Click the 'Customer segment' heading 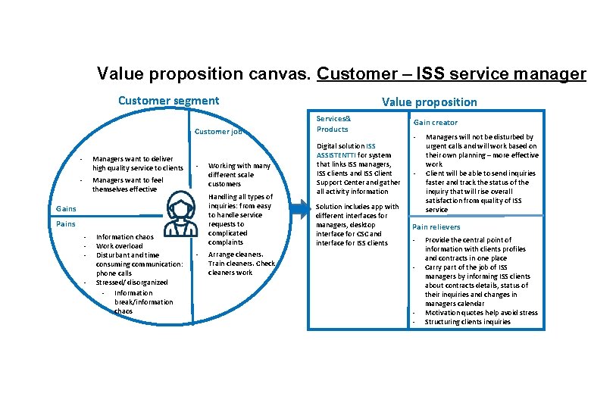pos(168,101)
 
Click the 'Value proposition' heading pos(429,102)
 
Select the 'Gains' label pos(67,208)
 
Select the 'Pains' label pos(66,224)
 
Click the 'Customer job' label pos(217,132)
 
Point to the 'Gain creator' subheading pos(435,123)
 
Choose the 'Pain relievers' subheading pos(437,227)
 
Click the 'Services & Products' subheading pos(333,123)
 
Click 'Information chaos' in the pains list pos(125,237)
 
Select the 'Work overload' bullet pos(120,246)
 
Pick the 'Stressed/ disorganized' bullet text pos(132,283)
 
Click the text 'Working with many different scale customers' pos(239,174)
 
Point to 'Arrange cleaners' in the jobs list pos(235,254)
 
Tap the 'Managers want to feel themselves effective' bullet pos(127,185)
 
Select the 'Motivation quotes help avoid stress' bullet pos(481,313)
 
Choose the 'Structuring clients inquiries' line pos(467,322)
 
